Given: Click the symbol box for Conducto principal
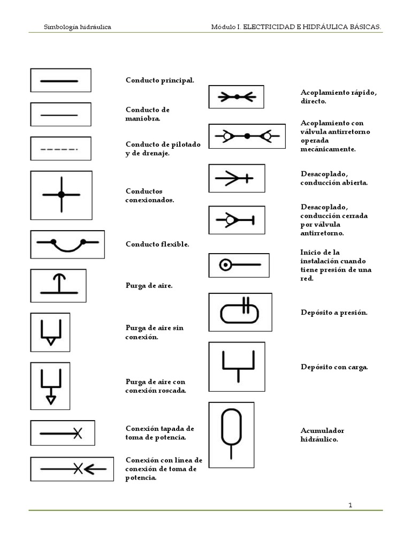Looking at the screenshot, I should [60, 80].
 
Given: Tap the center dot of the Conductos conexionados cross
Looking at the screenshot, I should [61, 194].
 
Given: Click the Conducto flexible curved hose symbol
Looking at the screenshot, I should [67, 245].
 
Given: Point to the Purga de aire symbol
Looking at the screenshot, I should [60, 285].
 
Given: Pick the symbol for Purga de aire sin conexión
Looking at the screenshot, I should [51, 332].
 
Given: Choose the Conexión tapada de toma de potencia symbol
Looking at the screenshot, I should [62, 433].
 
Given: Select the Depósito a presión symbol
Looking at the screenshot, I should [240, 312].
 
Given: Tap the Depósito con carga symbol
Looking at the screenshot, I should [237, 362].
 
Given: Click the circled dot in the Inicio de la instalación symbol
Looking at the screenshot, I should [226, 264].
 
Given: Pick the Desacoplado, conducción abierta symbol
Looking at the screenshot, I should [236, 178].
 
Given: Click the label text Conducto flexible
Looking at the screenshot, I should [157, 244].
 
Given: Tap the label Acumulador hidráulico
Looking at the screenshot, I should [322, 435].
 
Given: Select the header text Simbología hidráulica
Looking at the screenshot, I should [77, 27].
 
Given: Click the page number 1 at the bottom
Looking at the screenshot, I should [350, 505].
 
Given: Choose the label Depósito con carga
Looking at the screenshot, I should [334, 367].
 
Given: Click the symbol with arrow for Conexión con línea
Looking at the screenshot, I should [72, 469].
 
